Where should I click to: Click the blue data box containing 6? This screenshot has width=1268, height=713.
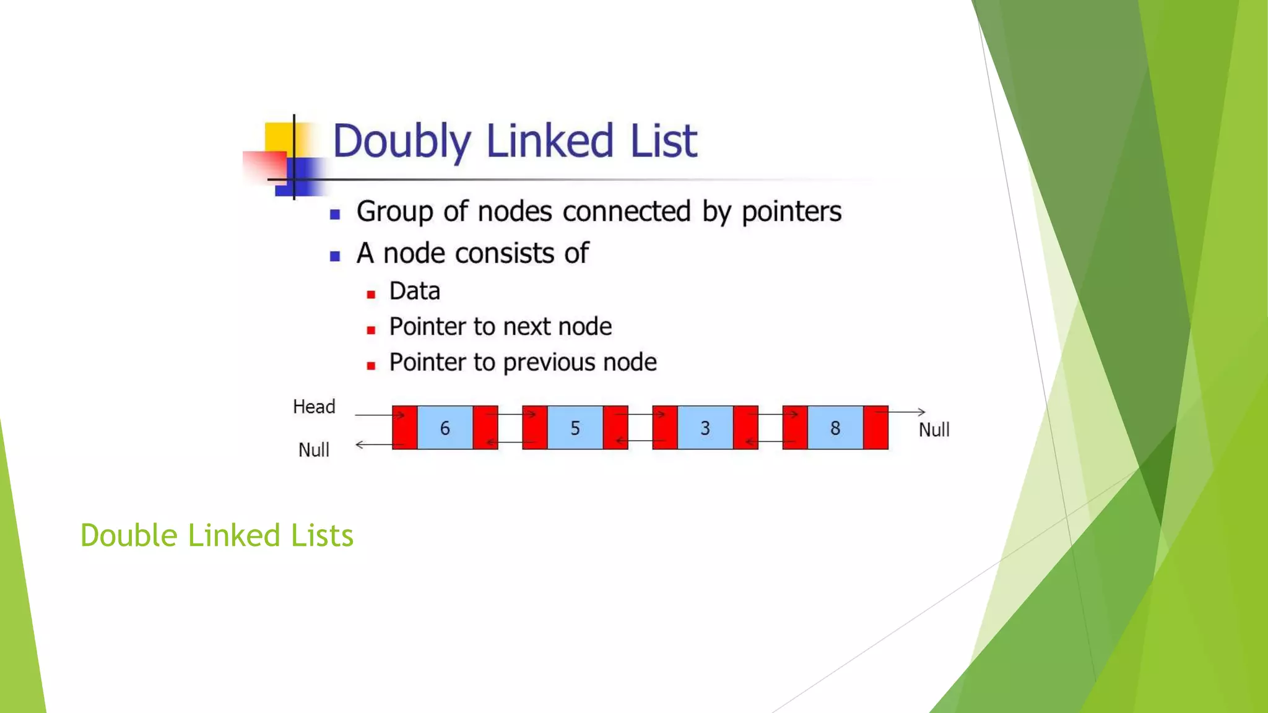[445, 428]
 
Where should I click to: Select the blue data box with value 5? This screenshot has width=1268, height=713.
[575, 428]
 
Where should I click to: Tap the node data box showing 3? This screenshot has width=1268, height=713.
[705, 428]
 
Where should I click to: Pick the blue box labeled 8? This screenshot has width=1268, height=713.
[835, 428]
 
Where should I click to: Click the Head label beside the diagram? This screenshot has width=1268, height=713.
[314, 407]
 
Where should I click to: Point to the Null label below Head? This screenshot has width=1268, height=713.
[314, 450]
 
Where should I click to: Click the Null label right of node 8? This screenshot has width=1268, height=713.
[934, 430]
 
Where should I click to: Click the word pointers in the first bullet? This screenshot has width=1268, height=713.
[791, 212]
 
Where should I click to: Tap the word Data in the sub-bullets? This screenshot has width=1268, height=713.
[414, 291]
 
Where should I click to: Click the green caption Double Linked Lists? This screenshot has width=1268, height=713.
[217, 535]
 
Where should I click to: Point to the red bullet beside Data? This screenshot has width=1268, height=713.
[371, 295]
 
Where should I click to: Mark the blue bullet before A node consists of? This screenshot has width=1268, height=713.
[335, 256]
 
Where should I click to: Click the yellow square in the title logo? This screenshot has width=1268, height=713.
[278, 137]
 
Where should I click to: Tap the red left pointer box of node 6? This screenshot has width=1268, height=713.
[404, 428]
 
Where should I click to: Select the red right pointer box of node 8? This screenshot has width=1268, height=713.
[875, 428]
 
